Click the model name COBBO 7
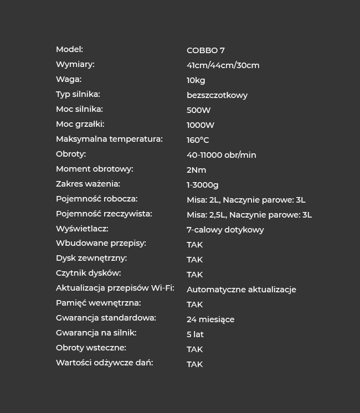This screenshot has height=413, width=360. tap(205, 50)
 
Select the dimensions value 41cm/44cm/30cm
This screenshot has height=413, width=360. tap(223, 65)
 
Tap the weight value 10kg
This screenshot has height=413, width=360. tap(196, 80)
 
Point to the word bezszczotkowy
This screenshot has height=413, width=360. tap(217, 95)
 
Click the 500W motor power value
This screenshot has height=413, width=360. tap(198, 110)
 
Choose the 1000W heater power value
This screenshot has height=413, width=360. tap(200, 125)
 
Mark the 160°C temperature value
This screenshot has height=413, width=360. tap(198, 140)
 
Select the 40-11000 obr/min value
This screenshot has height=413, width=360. tap(221, 155)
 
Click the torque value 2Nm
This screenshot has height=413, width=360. tap(196, 170)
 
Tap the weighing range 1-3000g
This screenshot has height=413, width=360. tap(202, 185)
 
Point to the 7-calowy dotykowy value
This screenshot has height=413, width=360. tap(225, 230)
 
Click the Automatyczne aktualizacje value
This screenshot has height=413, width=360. tap(241, 290)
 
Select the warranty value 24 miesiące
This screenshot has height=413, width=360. tap(210, 319)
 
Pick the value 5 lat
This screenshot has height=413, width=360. tap(195, 334)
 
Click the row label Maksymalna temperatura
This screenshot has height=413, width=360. tap(109, 139)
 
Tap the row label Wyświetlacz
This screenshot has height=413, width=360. tap(82, 229)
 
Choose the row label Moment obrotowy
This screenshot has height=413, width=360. tap(94, 169)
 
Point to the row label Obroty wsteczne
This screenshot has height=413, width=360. tap(91, 348)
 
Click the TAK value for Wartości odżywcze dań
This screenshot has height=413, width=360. tap(194, 364)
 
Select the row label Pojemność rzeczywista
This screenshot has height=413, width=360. tap(104, 214)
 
